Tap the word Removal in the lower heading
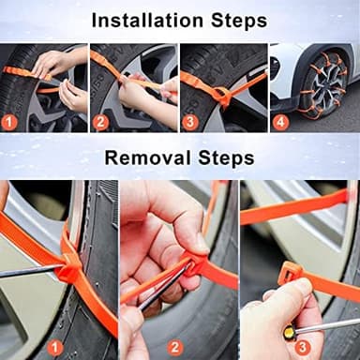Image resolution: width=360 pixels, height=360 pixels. pos(145,157)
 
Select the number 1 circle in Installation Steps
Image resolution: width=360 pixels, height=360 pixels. pos(9,121)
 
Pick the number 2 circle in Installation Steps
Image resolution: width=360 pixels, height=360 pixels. pos(101,121)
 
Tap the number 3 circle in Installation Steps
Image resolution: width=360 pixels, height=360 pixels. pos(190,121)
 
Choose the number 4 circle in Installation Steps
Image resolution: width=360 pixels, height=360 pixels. pos(280,121)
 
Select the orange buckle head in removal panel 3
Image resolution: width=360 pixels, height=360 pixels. pos(291,276)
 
